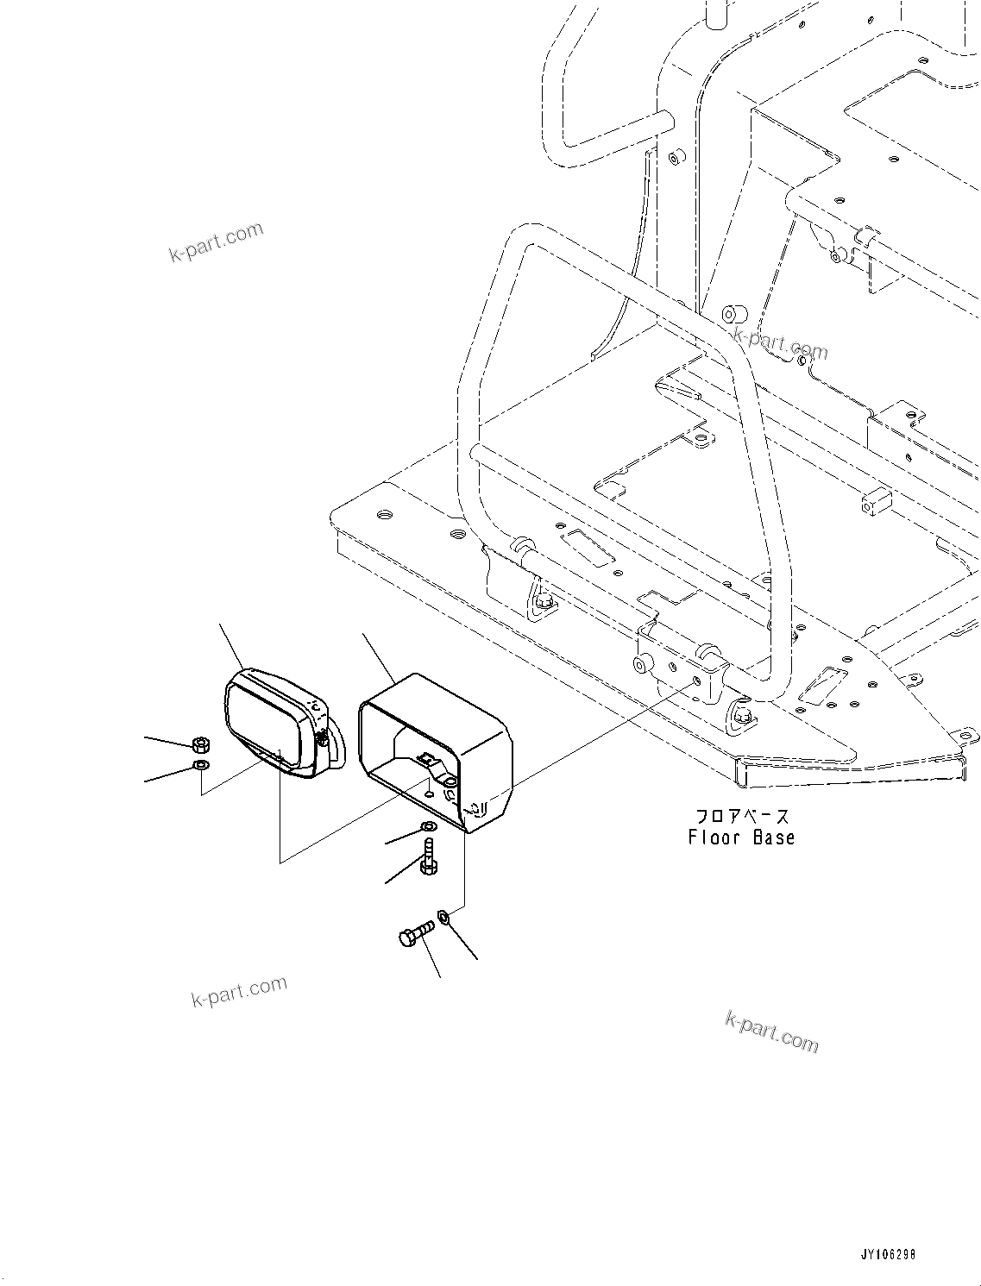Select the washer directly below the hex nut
point(200,764)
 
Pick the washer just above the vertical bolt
point(427,828)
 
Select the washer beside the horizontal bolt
point(443,916)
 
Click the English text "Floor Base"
point(741,837)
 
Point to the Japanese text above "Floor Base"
point(742,815)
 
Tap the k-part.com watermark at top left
point(216,242)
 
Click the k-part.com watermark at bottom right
point(771,1032)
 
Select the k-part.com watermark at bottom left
point(239,992)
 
